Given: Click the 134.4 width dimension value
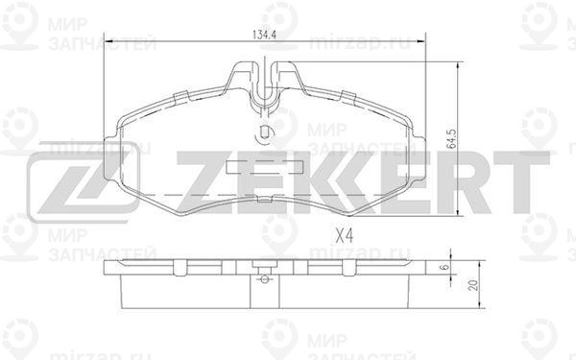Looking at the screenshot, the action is click(x=265, y=35).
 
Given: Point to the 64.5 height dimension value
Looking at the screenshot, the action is click(x=451, y=139).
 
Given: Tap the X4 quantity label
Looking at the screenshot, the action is click(x=345, y=235).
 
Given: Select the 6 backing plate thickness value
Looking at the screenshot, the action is click(x=444, y=267).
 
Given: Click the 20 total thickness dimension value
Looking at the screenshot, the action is click(x=474, y=285).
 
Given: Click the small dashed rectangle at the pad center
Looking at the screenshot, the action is click(x=265, y=167).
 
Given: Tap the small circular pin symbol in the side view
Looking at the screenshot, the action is click(x=265, y=280).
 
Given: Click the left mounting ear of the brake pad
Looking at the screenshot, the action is click(x=111, y=159).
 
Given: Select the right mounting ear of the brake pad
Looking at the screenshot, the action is click(x=418, y=159).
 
